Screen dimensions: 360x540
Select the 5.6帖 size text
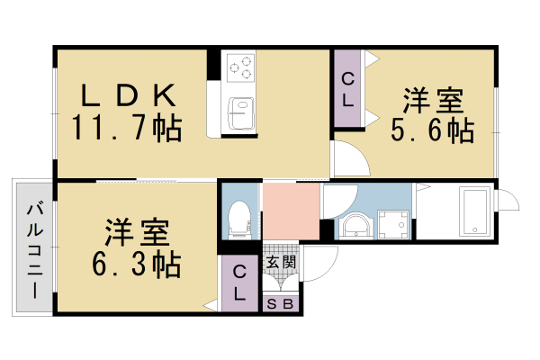tap(431, 130)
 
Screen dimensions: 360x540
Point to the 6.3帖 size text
tap(135, 265)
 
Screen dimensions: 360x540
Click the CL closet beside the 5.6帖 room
tap(347, 89)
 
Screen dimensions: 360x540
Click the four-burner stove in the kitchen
tap(240, 67)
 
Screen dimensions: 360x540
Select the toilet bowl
tap(238, 216)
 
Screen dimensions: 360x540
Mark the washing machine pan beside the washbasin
tap(391, 222)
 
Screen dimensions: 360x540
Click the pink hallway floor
tap(291, 211)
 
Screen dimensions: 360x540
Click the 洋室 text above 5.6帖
tap(431, 99)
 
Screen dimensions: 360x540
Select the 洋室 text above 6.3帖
tap(135, 233)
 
